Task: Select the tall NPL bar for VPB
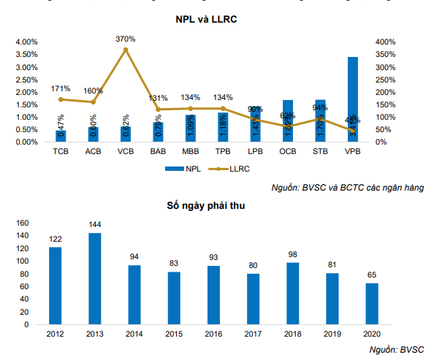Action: [352, 99]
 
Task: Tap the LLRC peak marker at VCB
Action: [126, 50]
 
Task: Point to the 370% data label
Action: [126, 39]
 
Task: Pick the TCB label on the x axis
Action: [61, 151]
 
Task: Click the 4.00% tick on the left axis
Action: [27, 42]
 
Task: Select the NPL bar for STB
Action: [320, 120]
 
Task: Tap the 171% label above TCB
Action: [61, 88]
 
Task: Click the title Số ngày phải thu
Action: [205, 206]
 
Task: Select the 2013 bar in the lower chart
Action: [95, 278]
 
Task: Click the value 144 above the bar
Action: [95, 226]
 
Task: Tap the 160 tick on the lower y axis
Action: [22, 223]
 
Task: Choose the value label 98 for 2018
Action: [293, 255]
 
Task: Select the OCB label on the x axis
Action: [287, 151]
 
